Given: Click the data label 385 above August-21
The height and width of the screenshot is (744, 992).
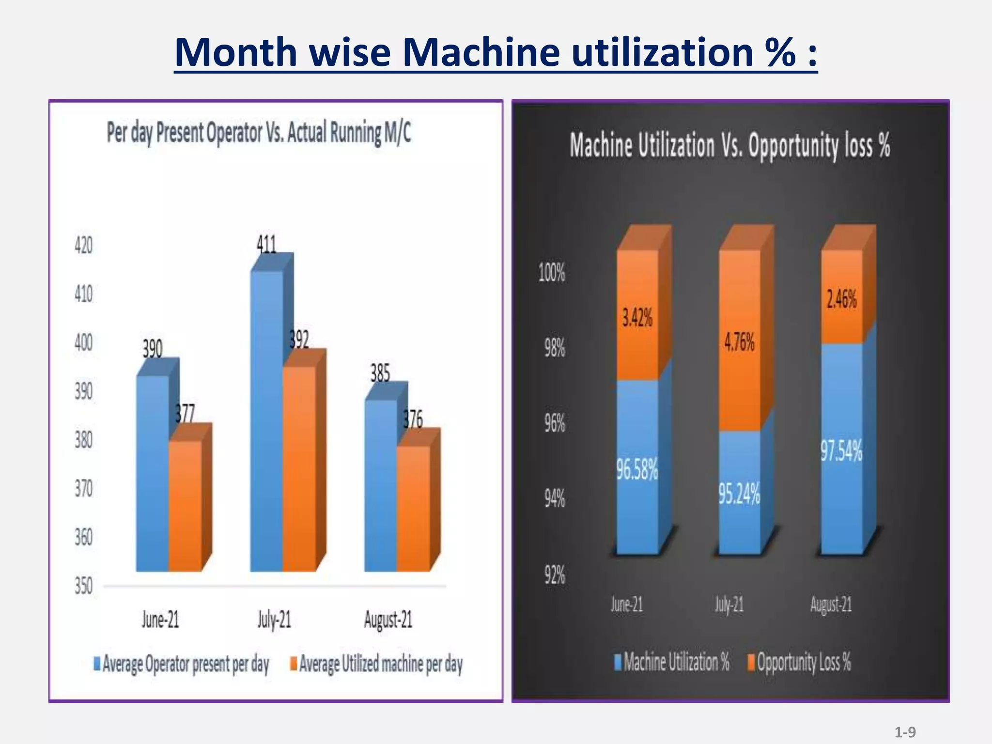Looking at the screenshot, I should point(380,373).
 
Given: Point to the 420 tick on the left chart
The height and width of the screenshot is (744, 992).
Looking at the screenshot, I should point(83,246).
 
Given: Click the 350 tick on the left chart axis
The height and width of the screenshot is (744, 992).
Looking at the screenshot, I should point(83,587).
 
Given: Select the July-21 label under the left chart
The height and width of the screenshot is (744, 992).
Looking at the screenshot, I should point(274,620).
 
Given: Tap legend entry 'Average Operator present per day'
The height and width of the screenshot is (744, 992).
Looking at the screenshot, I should point(181,664).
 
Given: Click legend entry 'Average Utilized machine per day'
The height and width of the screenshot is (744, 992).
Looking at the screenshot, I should point(376,664).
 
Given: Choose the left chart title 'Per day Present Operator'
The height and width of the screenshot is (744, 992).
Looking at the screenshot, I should point(259,133).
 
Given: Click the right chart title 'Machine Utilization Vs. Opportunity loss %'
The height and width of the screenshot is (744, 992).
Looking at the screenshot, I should point(729,145).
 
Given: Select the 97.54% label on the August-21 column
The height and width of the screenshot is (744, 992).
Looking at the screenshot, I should point(841,451).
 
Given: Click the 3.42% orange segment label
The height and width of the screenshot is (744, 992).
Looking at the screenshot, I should point(637,318).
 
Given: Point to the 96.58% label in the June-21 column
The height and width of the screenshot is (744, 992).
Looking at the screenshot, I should point(637,470).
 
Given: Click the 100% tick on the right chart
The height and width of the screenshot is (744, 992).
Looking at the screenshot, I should point(552,273).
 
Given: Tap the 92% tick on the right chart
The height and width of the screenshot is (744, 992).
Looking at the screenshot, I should point(554,575).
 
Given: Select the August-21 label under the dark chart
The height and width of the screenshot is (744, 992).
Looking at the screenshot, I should point(831,604).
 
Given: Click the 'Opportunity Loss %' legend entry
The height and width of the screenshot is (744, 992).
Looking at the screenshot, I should point(799,662).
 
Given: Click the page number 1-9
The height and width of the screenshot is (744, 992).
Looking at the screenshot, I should point(905,732).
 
